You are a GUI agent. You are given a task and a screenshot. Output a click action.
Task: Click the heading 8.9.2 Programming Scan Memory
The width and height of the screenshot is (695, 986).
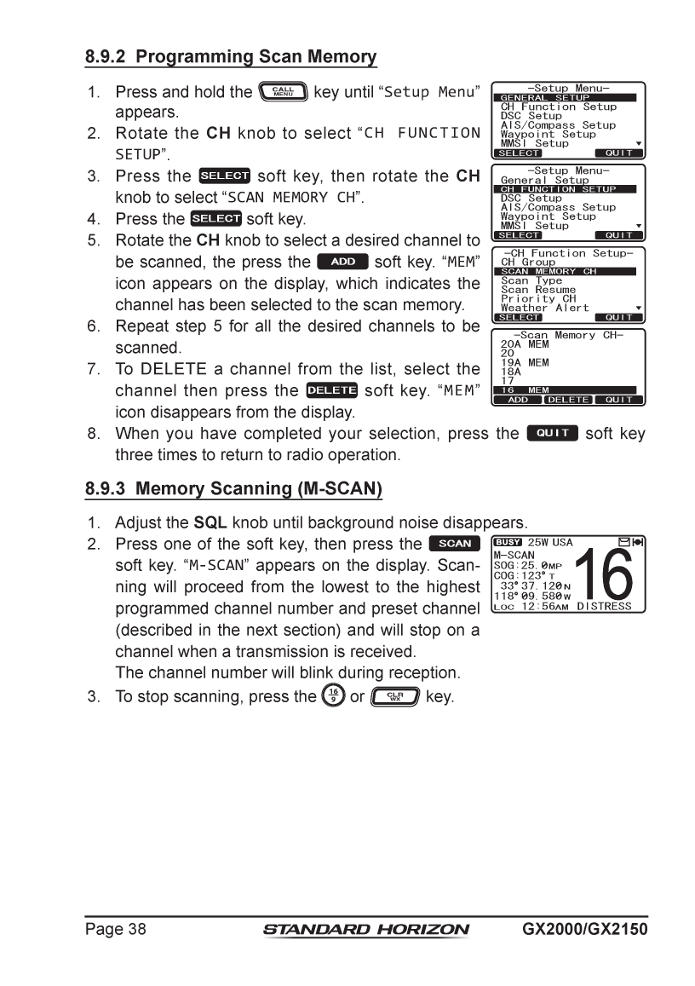[230, 58]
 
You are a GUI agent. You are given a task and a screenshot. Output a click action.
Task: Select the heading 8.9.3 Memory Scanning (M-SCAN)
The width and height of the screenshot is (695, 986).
[233, 489]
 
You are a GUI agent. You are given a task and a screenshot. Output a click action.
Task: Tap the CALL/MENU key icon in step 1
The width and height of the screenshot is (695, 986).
[283, 91]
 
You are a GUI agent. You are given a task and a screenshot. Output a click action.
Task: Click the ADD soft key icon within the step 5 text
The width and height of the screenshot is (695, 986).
[342, 262]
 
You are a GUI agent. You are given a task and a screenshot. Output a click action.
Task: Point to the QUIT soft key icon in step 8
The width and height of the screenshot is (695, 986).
[552, 433]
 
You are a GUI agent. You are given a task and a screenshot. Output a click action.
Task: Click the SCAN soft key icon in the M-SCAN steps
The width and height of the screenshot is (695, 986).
[455, 544]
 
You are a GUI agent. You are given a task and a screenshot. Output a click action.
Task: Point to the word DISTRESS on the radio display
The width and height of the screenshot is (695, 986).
[605, 606]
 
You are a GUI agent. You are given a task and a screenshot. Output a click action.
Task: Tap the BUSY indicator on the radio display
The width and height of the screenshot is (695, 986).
[508, 542]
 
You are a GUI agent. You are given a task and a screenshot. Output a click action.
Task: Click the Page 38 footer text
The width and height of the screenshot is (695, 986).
[115, 929]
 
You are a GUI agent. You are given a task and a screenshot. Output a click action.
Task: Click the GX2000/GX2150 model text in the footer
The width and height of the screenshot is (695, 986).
[585, 929]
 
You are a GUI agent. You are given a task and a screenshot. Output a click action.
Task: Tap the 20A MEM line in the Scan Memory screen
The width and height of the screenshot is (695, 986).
[525, 344]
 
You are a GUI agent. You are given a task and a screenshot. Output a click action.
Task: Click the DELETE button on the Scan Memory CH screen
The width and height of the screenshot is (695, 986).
[567, 400]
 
